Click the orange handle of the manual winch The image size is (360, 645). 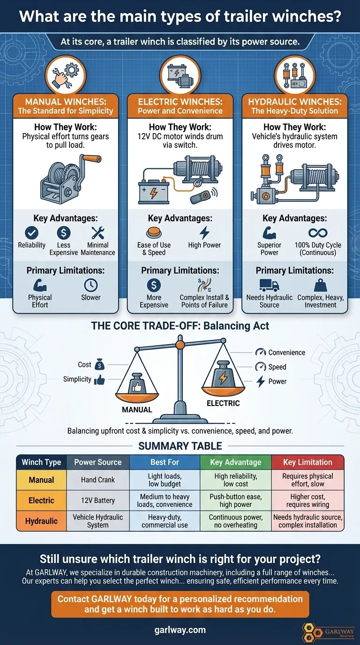pyautogui.click(x=91, y=158)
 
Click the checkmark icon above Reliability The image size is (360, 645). pyautogui.click(x=32, y=232)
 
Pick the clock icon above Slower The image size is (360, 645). pyautogui.click(x=91, y=285)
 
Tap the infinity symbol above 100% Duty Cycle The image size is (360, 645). pyautogui.click(x=318, y=232)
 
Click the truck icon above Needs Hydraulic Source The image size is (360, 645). pyautogui.click(x=269, y=285)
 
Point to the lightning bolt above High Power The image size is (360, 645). pyautogui.click(x=204, y=232)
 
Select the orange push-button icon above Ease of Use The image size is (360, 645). pyautogui.click(x=154, y=233)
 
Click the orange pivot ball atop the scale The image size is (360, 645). pyautogui.click(x=180, y=345)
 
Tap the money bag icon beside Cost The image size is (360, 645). pyautogui.click(x=100, y=364)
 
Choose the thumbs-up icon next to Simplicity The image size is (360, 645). pyautogui.click(x=100, y=380)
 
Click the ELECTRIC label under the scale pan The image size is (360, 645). pyautogui.click(x=223, y=403)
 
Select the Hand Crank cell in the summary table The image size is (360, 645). pyautogui.click(x=98, y=480)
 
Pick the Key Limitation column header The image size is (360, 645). pyautogui.click(x=307, y=462)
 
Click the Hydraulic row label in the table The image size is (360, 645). pyautogui.click(x=41, y=521)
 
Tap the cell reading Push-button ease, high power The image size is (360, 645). pyautogui.click(x=236, y=501)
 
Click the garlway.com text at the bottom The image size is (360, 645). pyautogui.click(x=180, y=630)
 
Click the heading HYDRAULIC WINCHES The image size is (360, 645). pyautogui.click(x=295, y=102)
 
